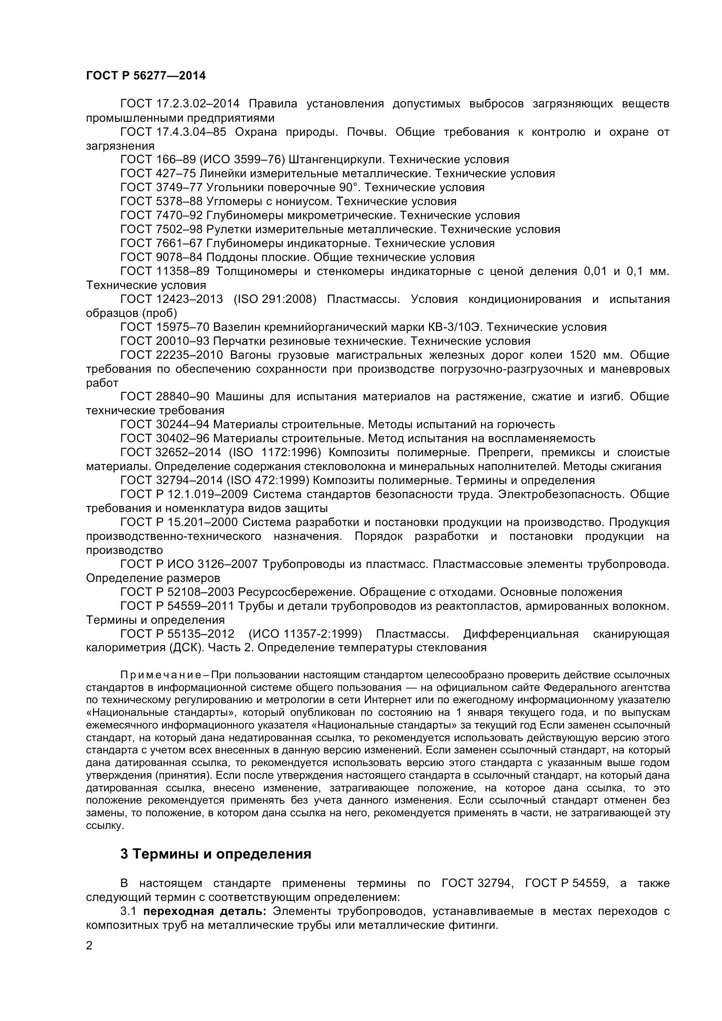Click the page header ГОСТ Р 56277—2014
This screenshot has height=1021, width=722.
point(145,76)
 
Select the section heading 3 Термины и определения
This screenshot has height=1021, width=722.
point(216,854)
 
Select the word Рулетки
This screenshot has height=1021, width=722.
point(230,230)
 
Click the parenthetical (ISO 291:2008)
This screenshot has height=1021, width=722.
point(275,299)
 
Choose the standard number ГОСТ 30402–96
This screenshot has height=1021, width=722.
point(165,438)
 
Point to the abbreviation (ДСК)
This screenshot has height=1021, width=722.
point(184,647)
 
